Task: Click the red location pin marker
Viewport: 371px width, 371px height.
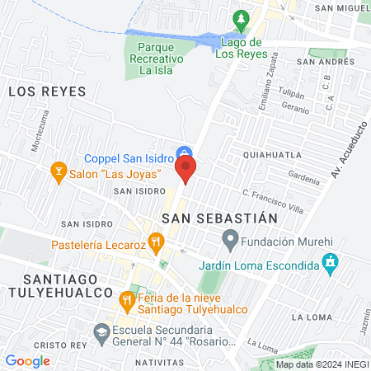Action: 185,169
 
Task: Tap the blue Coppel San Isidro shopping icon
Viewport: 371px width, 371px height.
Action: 185,153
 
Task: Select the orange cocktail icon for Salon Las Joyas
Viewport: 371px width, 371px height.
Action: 59,171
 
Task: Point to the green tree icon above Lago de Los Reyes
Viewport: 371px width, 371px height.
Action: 240,18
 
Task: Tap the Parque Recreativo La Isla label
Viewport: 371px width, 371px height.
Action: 162,59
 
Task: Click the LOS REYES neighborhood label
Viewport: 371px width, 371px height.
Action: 47,92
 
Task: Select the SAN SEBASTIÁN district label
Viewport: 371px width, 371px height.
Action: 218,218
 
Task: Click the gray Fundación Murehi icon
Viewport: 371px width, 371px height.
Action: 230,241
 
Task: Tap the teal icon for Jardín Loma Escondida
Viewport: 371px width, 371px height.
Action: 331,265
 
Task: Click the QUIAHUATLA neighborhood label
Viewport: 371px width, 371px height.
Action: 272,154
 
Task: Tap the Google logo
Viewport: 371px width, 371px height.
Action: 27,360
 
